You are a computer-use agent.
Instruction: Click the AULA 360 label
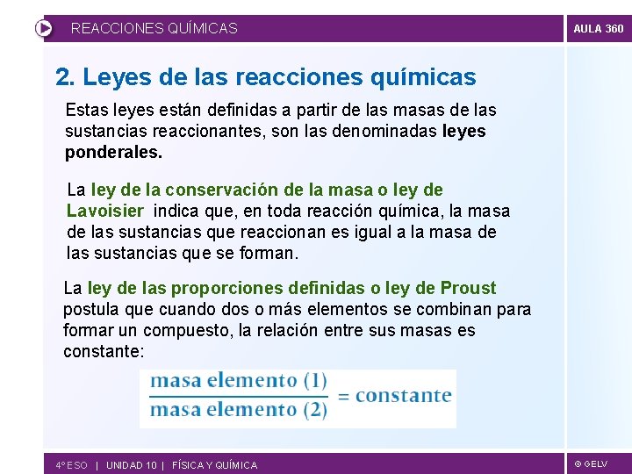(x=598, y=29)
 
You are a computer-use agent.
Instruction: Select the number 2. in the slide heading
(x=65, y=77)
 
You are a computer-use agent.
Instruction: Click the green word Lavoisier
(x=105, y=211)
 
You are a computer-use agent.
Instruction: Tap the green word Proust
(x=468, y=288)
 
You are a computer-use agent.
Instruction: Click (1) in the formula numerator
(x=315, y=381)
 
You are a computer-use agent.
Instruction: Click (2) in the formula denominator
(x=315, y=409)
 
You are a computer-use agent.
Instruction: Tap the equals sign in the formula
(x=343, y=396)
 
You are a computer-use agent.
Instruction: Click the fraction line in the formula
(x=238, y=396)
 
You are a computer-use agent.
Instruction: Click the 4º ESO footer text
(x=71, y=465)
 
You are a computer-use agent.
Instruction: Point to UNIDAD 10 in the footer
(x=131, y=465)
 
